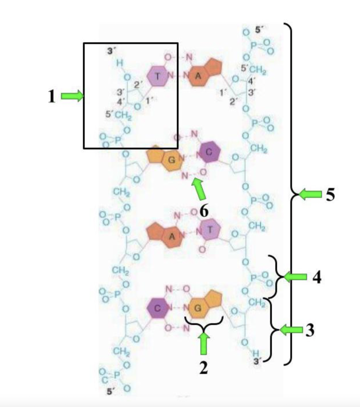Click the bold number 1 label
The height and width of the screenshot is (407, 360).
[x=52, y=97]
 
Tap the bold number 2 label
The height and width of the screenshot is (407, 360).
[x=204, y=368]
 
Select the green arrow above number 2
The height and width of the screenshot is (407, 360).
[x=204, y=343]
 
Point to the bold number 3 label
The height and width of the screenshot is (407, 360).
[x=310, y=330]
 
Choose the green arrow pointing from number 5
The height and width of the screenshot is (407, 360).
[x=310, y=194]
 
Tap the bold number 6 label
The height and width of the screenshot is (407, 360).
[x=204, y=211]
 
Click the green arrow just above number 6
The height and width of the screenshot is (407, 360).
[x=200, y=189]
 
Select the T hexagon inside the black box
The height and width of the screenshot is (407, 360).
[x=158, y=76]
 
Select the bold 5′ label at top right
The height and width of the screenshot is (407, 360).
[x=259, y=30]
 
